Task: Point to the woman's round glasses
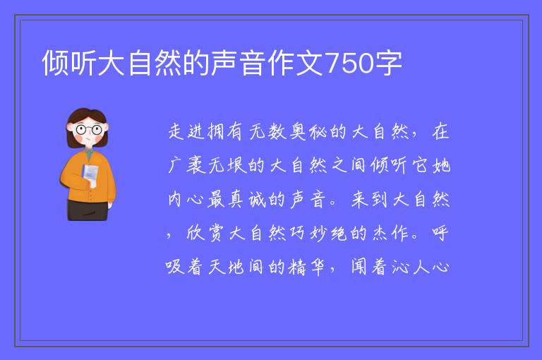tap(89, 130)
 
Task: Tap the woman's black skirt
tap(88, 210)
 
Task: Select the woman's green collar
tap(90, 154)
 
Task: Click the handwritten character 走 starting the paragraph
tap(177, 132)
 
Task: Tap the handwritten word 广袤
tap(187, 165)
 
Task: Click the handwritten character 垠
tap(237, 165)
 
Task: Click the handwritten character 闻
tap(359, 267)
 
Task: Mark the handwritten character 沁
tap(400, 268)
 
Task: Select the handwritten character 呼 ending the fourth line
tap(440, 234)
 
